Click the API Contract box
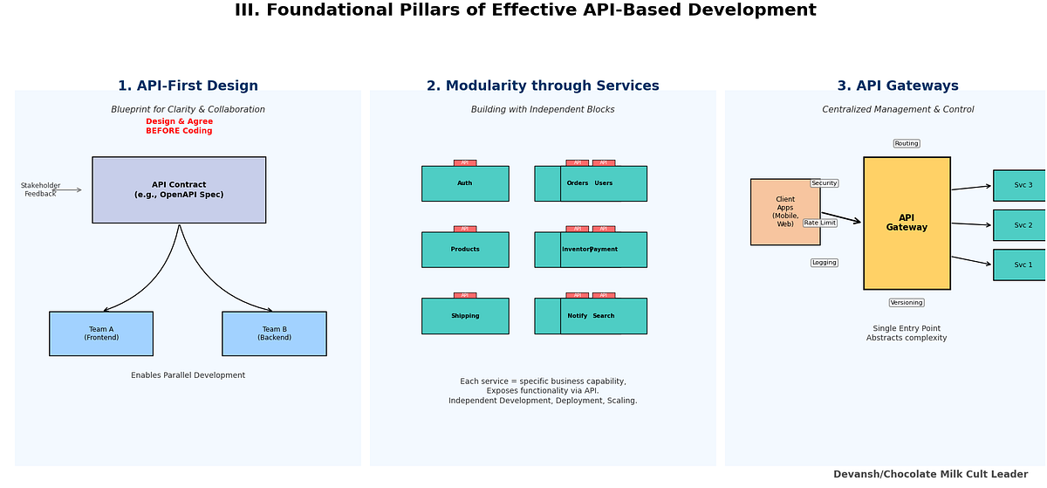coord(179,190)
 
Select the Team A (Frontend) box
coord(101,333)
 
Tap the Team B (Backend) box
coord(274,333)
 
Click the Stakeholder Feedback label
coord(40,189)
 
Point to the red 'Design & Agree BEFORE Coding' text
coord(179,127)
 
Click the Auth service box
coord(465,183)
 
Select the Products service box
coord(465,250)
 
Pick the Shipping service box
coord(465,316)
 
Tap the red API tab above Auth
coord(465,162)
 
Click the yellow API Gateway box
coord(907,223)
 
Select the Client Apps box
coord(785,212)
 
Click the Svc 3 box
coord(1022,185)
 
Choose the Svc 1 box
coord(1022,265)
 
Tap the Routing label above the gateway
coord(907,143)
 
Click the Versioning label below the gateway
coord(907,303)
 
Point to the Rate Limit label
coord(819,223)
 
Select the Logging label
coord(824,263)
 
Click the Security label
coord(824,183)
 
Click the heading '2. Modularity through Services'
coord(543,86)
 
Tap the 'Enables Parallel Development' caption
coord(188,375)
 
